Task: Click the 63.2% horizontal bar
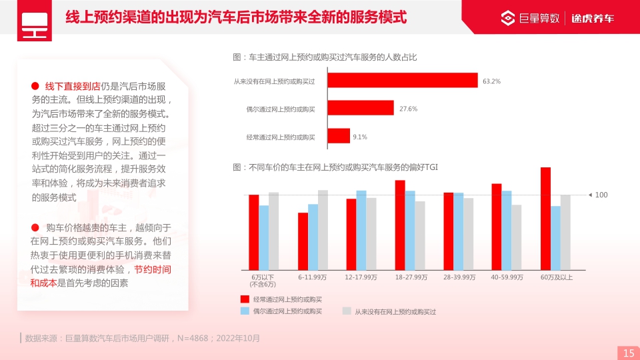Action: point(403,81)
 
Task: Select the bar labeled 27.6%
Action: point(361,108)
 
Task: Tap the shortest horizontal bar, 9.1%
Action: point(339,136)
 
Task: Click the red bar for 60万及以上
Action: point(545,219)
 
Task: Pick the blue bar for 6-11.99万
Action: point(313,237)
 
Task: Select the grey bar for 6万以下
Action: point(274,231)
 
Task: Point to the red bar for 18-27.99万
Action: point(400,225)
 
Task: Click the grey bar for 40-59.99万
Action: point(517,237)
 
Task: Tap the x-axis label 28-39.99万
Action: point(459,277)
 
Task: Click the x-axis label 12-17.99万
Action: point(361,277)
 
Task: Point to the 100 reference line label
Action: point(601,195)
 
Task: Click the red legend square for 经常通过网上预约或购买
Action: point(245,299)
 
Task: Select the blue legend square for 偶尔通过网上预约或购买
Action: point(245,311)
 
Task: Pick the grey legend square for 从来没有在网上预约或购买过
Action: point(347,311)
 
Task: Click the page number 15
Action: point(628,353)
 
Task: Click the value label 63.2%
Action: point(491,81)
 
